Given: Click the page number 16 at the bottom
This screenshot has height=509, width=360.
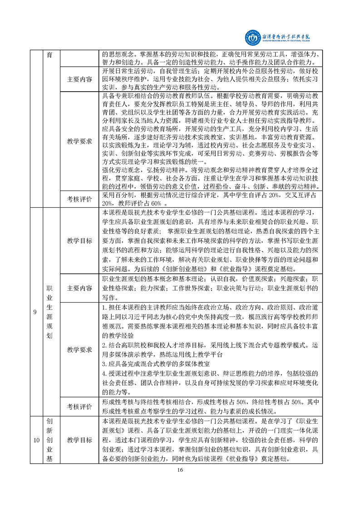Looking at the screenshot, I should (180, 470).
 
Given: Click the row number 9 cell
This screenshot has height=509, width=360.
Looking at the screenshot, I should (35, 313).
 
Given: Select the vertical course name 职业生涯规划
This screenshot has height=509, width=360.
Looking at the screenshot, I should (50, 313).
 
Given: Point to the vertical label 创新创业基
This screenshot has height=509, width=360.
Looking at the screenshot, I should (50, 440).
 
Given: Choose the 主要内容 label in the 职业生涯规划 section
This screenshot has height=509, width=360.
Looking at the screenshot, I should (79, 288).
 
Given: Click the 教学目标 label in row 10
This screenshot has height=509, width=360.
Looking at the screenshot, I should (79, 440).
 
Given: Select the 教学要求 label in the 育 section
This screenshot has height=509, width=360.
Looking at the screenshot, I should (79, 141).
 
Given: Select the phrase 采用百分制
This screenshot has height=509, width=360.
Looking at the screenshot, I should (115, 194).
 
